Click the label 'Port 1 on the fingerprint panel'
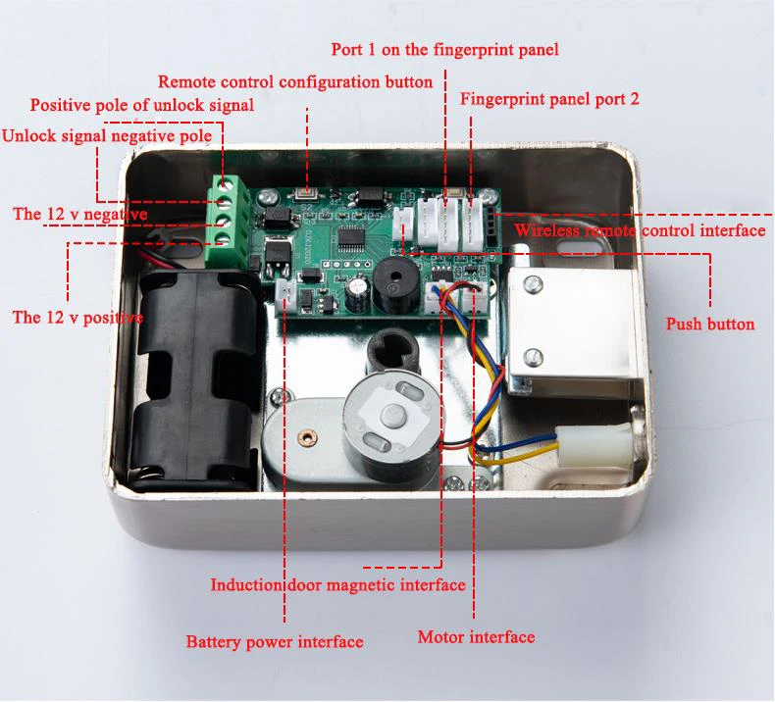click(x=445, y=49)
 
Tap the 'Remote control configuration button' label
click(x=294, y=81)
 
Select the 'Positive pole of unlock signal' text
click(x=142, y=105)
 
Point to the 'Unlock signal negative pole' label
click(x=106, y=135)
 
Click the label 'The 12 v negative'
click(x=80, y=213)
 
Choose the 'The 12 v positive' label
click(x=77, y=317)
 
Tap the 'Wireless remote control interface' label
click(x=640, y=230)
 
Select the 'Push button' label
click(x=710, y=324)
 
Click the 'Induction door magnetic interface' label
click(x=338, y=585)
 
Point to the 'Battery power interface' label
click(x=275, y=642)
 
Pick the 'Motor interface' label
click(x=476, y=637)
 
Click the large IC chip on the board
click(x=352, y=236)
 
